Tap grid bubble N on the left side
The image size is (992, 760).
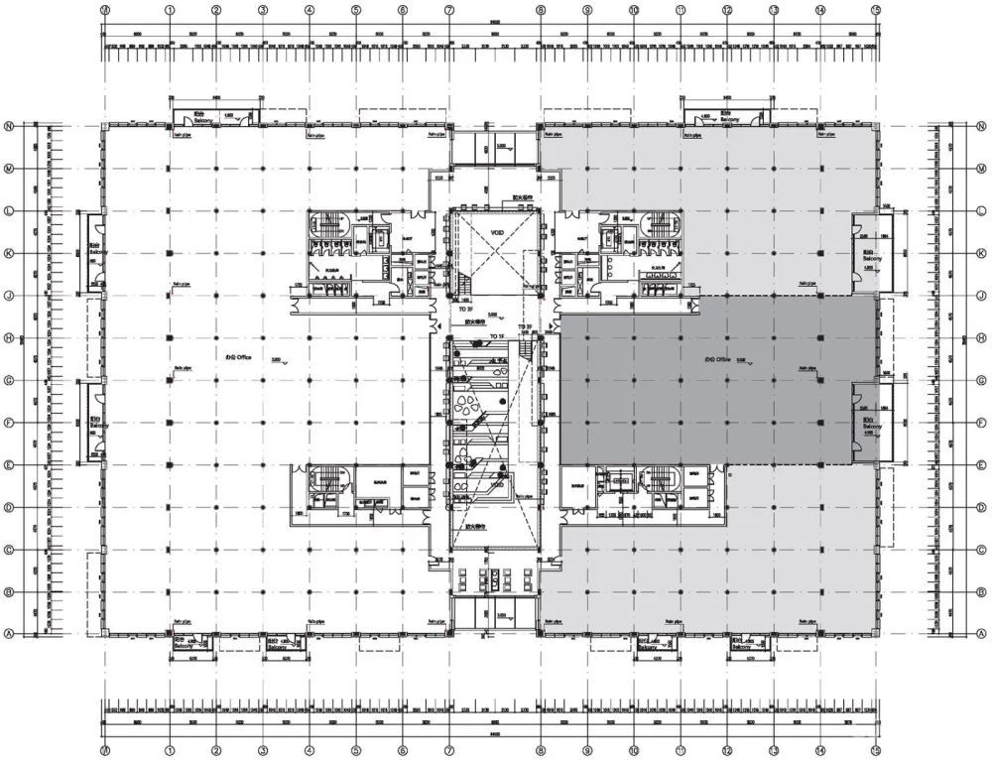(x=8, y=126)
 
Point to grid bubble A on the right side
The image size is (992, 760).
(x=982, y=633)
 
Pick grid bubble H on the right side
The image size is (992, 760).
(x=982, y=337)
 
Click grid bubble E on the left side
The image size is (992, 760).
(x=8, y=464)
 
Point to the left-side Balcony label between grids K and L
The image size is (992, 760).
(x=95, y=252)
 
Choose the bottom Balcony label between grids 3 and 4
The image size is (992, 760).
(x=279, y=644)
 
